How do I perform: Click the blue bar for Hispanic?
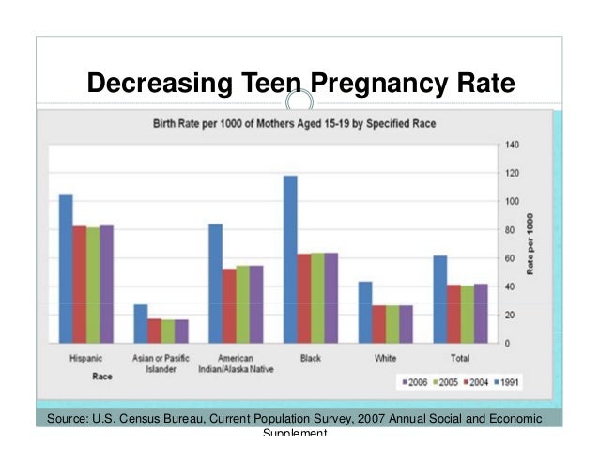66,269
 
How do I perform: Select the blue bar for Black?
290,259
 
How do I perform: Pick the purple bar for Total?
481,313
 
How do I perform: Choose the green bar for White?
392,324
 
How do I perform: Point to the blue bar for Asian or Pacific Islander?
141,323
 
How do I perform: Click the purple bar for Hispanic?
106,284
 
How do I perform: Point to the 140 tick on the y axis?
513,145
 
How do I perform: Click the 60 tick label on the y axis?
511,258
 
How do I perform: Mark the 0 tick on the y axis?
508,344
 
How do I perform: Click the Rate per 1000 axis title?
530,244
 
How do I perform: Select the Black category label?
310,358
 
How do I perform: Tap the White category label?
385,358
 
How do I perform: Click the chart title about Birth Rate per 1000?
294,123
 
